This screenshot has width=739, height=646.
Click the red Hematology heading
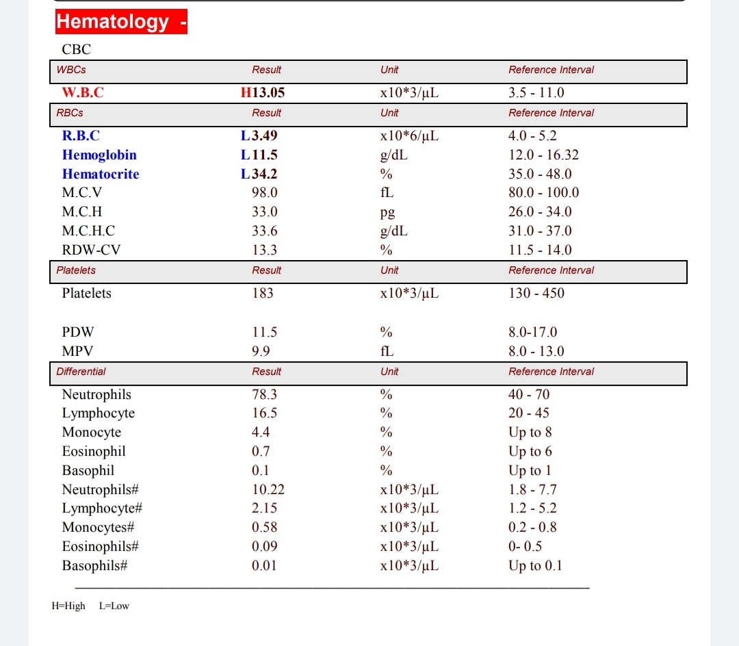[120, 21]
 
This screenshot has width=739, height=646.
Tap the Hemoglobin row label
[99, 155]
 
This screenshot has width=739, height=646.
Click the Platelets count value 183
[262, 293]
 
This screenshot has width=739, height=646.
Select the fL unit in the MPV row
[387, 351]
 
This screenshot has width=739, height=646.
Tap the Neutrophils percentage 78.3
[263, 394]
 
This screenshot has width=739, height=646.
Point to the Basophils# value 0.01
[264, 565]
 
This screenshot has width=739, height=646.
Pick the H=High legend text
[68, 606]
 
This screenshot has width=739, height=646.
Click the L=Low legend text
[114, 606]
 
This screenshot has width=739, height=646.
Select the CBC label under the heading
[76, 49]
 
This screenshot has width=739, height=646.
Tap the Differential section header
[81, 372]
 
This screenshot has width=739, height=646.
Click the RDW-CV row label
[91, 250]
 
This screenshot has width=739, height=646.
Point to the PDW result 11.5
[264, 333]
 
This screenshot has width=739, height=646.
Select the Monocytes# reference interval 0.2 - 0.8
[532, 527]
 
